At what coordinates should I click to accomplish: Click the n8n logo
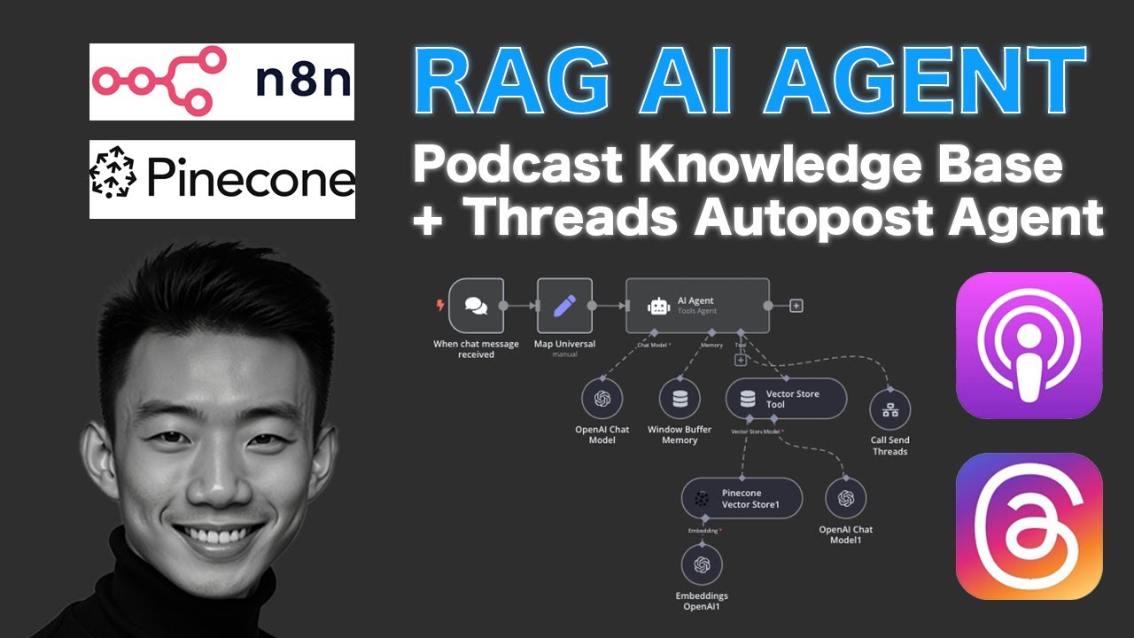coord(221,82)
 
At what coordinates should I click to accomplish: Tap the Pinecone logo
coord(221,179)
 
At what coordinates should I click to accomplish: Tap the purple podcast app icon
coord(1029,345)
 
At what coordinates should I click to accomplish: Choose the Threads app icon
coord(1029,525)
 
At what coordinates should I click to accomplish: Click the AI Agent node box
coord(697,306)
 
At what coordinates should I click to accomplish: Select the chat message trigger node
coord(476,306)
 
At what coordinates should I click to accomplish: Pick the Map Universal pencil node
coord(564,306)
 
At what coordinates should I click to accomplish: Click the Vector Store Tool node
coord(786,400)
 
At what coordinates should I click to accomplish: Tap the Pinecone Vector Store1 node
coord(742,498)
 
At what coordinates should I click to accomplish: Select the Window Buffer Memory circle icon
coord(680,400)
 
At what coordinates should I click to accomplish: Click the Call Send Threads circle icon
coord(889,409)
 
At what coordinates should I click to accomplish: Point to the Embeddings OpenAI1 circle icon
coord(702,564)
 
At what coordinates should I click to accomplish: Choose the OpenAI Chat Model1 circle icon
coord(845,498)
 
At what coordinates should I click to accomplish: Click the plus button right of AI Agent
coord(796,306)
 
